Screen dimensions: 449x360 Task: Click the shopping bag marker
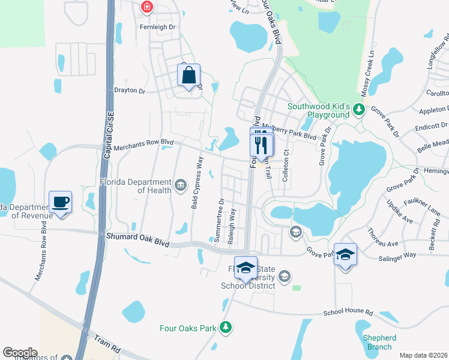188,76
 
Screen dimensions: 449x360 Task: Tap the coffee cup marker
61,202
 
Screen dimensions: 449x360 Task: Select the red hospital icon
146,7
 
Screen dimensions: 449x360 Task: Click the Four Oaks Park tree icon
225,327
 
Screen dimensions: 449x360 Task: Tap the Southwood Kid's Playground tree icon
359,109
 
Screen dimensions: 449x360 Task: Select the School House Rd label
348,313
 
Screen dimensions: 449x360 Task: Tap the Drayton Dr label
130,91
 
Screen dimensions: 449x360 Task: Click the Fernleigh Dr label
157,28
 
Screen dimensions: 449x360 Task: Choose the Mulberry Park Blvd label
294,136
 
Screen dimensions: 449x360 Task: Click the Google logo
20,353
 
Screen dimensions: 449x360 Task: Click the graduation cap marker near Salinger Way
345,255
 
